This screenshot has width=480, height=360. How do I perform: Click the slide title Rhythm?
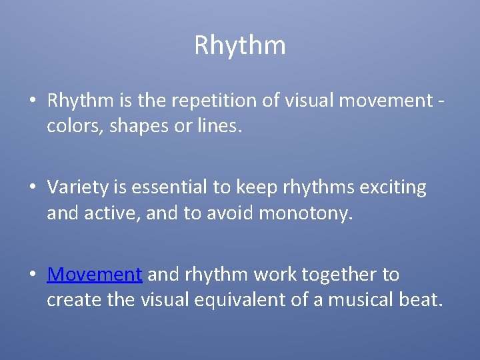240,45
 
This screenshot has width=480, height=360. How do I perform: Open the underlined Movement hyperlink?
94,275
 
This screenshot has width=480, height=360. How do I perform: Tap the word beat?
419,300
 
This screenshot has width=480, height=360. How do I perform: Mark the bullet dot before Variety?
32,189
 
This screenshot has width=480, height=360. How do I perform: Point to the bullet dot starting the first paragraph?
32,101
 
